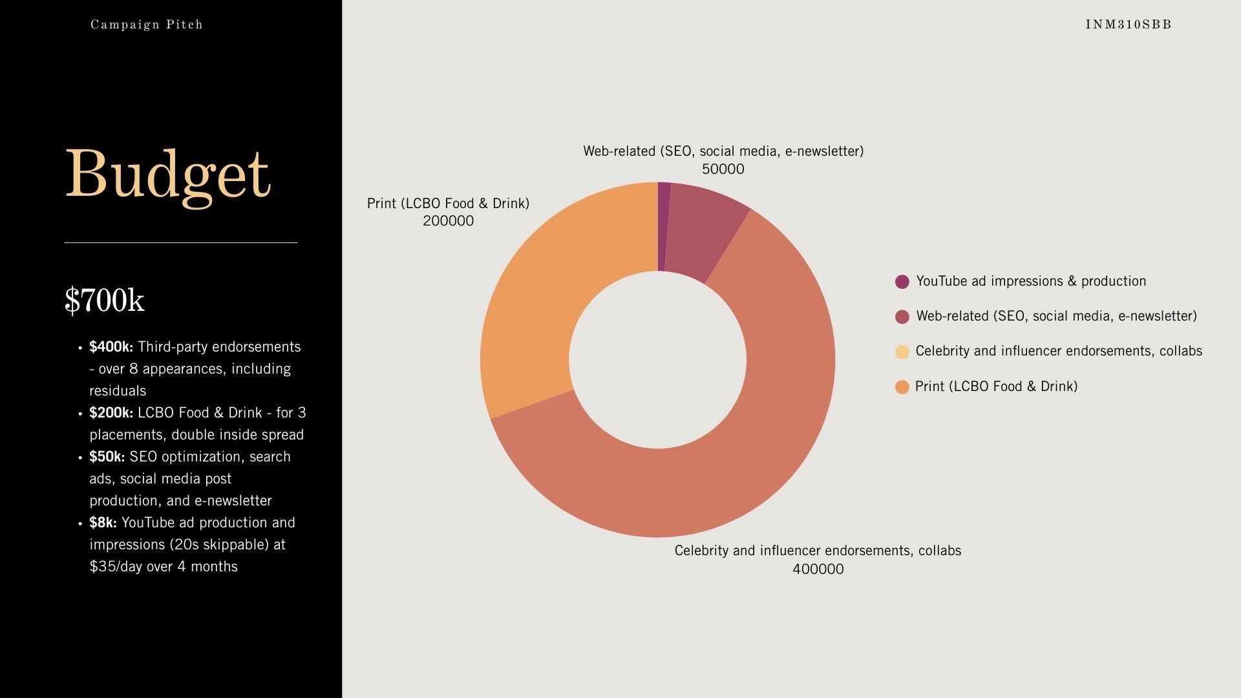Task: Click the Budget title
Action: tap(167, 174)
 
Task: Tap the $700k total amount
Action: tap(105, 301)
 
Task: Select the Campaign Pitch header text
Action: tap(147, 25)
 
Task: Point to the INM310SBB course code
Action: tap(1129, 25)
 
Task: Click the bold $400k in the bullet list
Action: tap(111, 347)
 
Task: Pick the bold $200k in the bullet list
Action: tap(111, 413)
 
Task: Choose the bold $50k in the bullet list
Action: tap(107, 457)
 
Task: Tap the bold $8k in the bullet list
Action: tap(103, 523)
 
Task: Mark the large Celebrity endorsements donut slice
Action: tap(743, 452)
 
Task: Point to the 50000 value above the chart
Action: tap(723, 169)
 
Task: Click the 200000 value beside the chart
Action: tap(448, 221)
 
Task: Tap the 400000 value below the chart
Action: tap(818, 569)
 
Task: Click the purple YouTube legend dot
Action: tap(902, 282)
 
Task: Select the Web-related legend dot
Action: tap(902, 317)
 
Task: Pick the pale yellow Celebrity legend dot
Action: tap(902, 352)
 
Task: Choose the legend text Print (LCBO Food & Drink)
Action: tap(996, 386)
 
